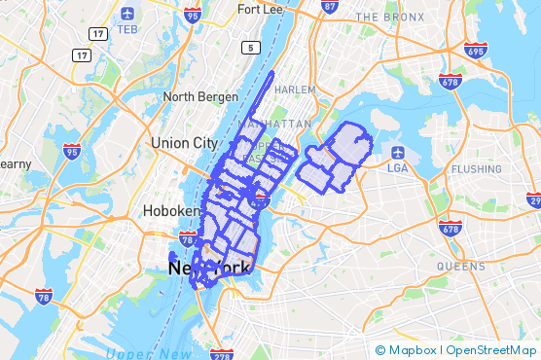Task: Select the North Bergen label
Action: click(200, 95)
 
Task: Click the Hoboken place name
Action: click(171, 210)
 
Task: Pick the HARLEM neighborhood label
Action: click(296, 90)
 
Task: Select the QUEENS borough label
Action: click(460, 265)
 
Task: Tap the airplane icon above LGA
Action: click(399, 152)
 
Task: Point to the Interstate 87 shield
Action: click(330, 7)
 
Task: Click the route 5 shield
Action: click(252, 48)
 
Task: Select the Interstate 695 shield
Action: click(476, 50)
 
